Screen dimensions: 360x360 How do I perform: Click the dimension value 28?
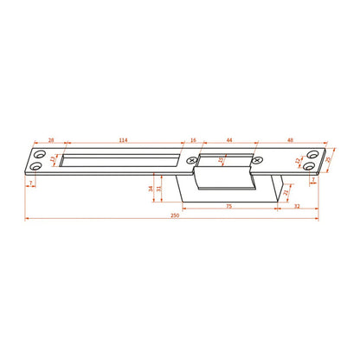[51, 139]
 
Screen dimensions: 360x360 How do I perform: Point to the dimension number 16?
[192, 139]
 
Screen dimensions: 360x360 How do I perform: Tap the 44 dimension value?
[229, 139]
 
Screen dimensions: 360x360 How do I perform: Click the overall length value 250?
[176, 215]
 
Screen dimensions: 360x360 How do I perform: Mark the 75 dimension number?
[228, 206]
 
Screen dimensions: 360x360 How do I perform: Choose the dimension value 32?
[297, 206]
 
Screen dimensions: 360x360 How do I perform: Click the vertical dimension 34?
[151, 187]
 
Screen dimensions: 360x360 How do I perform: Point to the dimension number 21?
[286, 192]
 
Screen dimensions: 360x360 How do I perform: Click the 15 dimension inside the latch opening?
[221, 159]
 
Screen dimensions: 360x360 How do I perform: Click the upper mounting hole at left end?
[37, 153]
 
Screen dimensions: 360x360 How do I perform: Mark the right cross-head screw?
[255, 159]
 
